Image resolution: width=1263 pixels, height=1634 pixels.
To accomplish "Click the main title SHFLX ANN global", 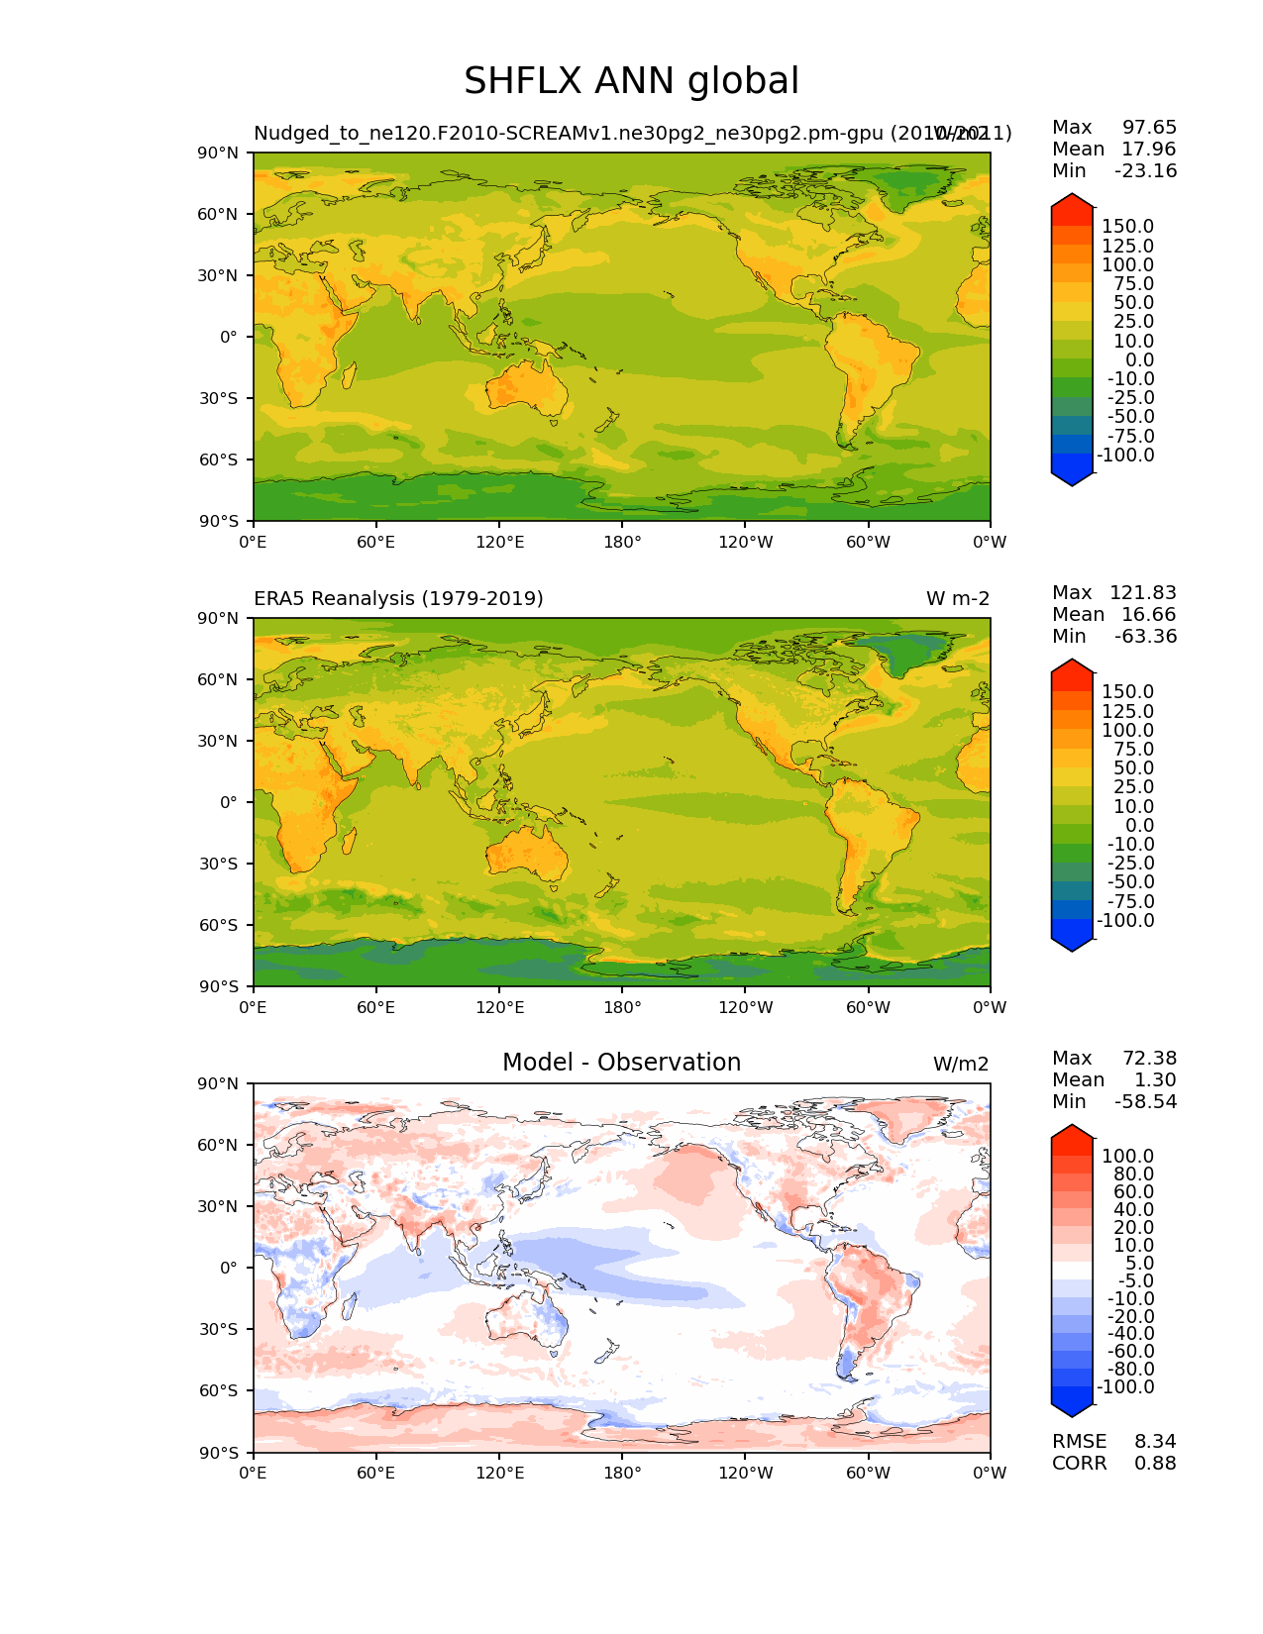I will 631,81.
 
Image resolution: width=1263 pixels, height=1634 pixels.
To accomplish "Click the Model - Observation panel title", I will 621,1063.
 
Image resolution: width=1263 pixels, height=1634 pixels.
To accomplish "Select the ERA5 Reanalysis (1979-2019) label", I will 398,599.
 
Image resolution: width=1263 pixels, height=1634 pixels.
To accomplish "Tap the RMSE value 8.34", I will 1155,1441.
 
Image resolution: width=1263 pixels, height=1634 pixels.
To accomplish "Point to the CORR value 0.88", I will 1155,1463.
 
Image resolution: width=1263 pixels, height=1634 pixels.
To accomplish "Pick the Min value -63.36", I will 1145,637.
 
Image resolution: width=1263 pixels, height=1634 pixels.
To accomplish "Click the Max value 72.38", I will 1149,1059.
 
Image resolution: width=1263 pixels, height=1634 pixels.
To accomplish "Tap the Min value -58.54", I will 1145,1102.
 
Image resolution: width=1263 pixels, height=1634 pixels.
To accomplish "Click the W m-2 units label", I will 957,599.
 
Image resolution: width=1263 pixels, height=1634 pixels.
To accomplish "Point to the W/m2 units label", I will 961,1065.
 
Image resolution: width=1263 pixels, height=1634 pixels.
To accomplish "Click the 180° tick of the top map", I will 622,542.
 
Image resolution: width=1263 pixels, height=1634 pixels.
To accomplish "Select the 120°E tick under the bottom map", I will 499,1473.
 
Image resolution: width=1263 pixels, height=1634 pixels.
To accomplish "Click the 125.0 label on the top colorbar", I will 1128,247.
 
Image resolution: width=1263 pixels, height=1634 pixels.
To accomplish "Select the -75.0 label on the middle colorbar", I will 1126,902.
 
